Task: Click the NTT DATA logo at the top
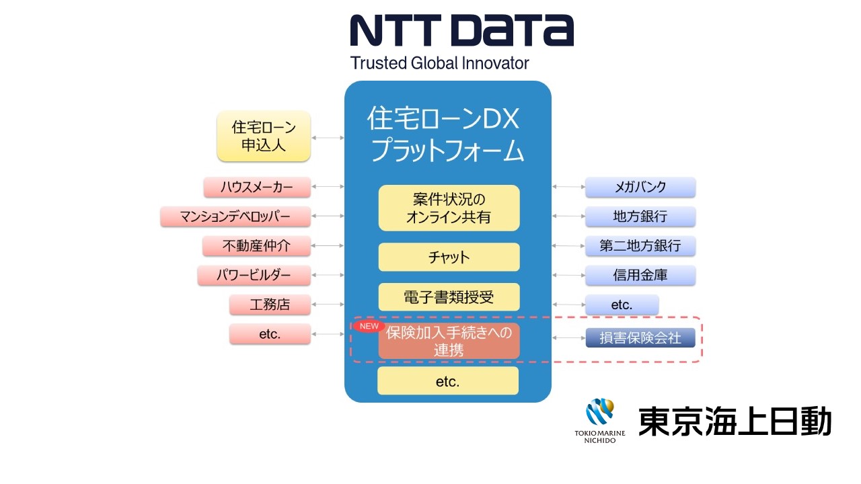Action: coord(461,30)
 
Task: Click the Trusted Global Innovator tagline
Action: coord(439,63)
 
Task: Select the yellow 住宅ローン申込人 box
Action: coord(264,136)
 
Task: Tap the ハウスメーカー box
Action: coord(257,187)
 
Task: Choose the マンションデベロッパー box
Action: coord(235,216)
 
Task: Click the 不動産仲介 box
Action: coord(256,246)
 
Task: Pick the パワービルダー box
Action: coord(254,276)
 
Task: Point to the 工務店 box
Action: coord(270,305)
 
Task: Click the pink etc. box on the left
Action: coord(270,334)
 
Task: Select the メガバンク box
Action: coord(640,187)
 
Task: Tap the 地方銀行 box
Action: coord(640,216)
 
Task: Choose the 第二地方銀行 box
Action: coord(640,246)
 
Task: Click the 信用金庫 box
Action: coord(640,275)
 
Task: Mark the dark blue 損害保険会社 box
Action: coord(640,337)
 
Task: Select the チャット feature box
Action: coord(449,257)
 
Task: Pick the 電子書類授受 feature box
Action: coord(449,296)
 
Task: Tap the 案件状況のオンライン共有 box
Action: coord(449,208)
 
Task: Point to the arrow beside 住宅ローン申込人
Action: coord(328,137)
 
